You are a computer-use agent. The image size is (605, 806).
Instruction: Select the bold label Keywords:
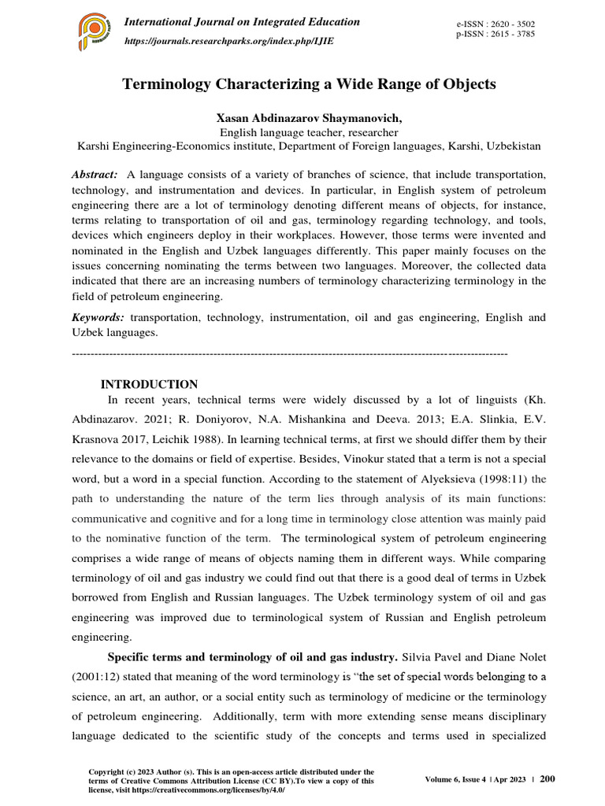click(98, 317)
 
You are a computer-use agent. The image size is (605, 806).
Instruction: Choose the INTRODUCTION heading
click(150, 384)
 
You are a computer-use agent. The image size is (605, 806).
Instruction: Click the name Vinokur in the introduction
click(340, 457)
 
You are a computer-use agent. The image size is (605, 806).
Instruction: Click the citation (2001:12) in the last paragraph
click(102, 677)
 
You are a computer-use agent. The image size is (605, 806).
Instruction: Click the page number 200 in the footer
click(547, 778)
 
